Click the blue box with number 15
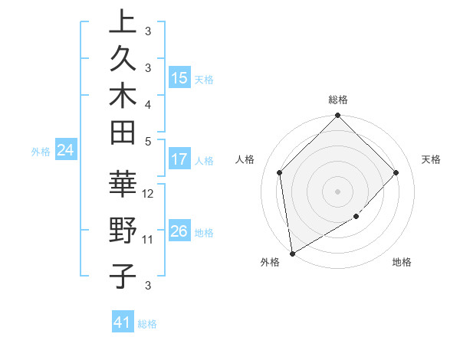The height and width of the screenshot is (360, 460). (x=179, y=77)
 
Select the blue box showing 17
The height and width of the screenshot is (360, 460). (x=179, y=159)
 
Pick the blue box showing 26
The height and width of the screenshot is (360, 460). (x=179, y=231)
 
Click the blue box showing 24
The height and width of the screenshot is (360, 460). (x=66, y=150)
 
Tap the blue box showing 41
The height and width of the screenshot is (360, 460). (x=123, y=322)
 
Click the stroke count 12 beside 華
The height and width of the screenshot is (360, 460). (x=149, y=193)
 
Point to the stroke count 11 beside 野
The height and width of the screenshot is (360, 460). (x=149, y=240)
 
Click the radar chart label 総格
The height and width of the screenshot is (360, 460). (x=338, y=100)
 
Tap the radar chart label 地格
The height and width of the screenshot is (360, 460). (x=402, y=263)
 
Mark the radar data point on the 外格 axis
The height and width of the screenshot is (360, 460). (x=292, y=254)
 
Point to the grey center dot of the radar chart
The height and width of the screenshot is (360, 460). (x=338, y=191)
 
